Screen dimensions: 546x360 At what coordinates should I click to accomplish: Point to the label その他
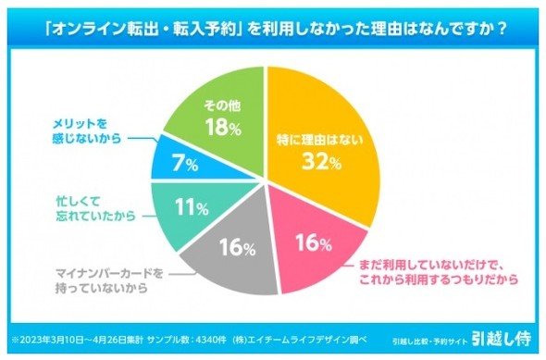tap(222, 106)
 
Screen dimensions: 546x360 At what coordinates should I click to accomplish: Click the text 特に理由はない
tap(320, 140)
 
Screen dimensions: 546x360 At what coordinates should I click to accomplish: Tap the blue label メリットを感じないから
tap(87, 131)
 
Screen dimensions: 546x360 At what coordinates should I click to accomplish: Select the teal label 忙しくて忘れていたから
tap(95, 208)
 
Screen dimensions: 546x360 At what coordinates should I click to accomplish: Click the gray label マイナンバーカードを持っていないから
tap(109, 280)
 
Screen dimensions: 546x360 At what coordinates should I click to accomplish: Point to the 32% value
tap(321, 161)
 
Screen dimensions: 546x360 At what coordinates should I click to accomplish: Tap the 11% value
tap(192, 207)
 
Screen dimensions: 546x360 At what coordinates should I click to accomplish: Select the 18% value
tap(223, 127)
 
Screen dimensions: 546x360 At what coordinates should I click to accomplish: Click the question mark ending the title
tap(502, 29)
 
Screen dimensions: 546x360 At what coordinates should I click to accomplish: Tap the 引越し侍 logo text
tap(502, 338)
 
